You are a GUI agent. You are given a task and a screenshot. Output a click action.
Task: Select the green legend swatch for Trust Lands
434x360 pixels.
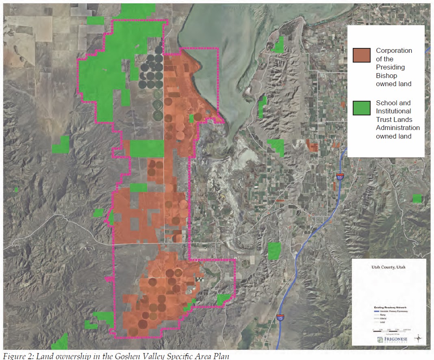click(x=362, y=108)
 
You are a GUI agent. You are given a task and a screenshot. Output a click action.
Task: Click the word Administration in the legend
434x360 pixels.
click(x=398, y=128)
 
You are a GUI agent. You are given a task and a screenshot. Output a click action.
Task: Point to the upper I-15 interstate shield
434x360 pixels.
click(x=340, y=177)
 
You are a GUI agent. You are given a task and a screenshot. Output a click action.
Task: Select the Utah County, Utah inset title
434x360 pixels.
click(x=388, y=267)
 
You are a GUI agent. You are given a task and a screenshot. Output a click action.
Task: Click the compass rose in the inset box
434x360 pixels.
click(x=418, y=338)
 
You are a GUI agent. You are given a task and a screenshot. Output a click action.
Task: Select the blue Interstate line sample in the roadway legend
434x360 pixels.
click(x=376, y=311)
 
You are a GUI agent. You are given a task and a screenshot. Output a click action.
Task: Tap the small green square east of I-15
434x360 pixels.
click(x=417, y=198)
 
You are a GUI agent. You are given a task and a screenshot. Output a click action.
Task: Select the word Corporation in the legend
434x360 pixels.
click(x=394, y=51)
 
